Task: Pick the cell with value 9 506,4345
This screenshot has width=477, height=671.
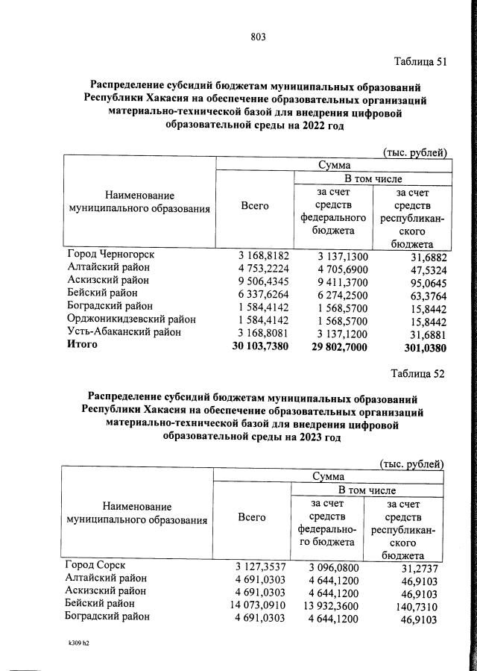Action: [x=259, y=280]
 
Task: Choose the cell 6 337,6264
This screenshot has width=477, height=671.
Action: [x=259, y=293]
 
